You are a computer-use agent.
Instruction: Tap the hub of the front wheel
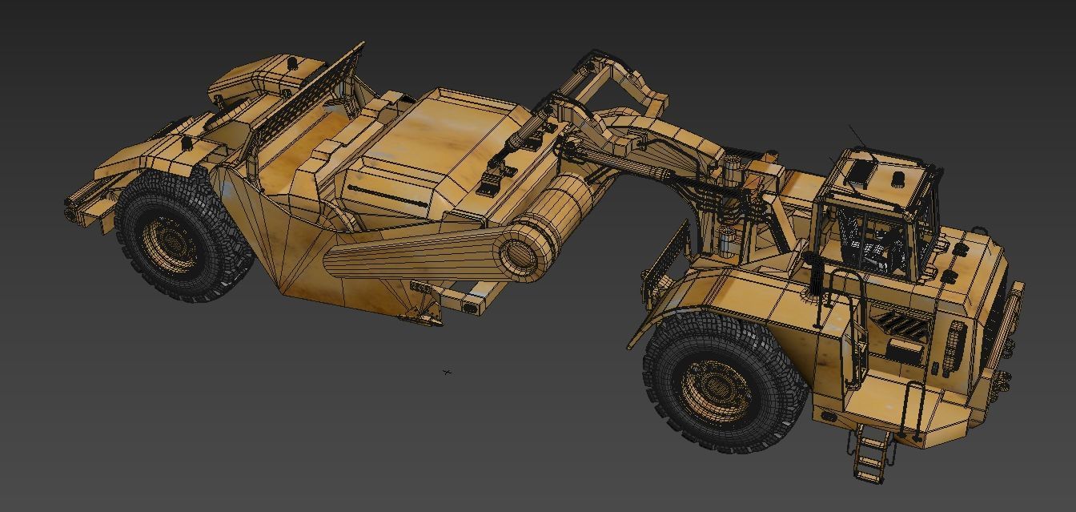(717, 390)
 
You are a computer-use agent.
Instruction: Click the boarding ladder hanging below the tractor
(870, 453)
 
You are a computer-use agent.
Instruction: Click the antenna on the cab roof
(857, 135)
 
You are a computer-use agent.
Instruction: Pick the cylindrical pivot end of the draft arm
(524, 251)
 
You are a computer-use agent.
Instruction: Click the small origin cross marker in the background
(447, 372)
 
